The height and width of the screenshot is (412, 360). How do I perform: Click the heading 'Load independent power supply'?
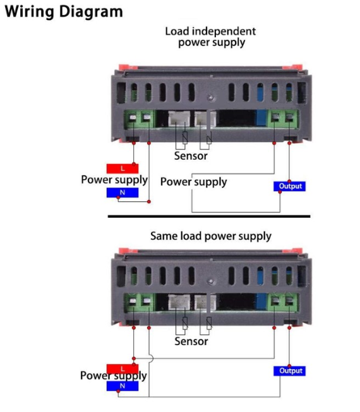pos(210,37)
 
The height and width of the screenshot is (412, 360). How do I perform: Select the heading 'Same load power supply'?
pos(210,236)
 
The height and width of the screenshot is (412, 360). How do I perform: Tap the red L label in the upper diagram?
pos(122,168)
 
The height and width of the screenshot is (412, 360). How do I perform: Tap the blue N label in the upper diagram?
pos(122,192)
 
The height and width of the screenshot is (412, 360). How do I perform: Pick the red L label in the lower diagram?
pos(122,368)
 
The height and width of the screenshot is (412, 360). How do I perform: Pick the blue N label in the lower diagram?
pos(122,386)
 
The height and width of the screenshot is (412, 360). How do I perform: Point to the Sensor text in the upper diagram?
pos(191,156)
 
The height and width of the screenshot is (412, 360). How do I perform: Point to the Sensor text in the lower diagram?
pos(191,341)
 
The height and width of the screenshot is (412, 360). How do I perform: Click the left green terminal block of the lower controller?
pos(139,303)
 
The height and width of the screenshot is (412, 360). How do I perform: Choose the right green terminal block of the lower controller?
pos(283,303)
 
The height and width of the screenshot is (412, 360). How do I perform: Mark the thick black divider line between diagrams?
pos(208,216)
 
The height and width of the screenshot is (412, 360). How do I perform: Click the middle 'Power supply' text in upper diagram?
pos(193,182)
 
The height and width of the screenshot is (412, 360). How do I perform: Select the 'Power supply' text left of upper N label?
pos(114,179)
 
